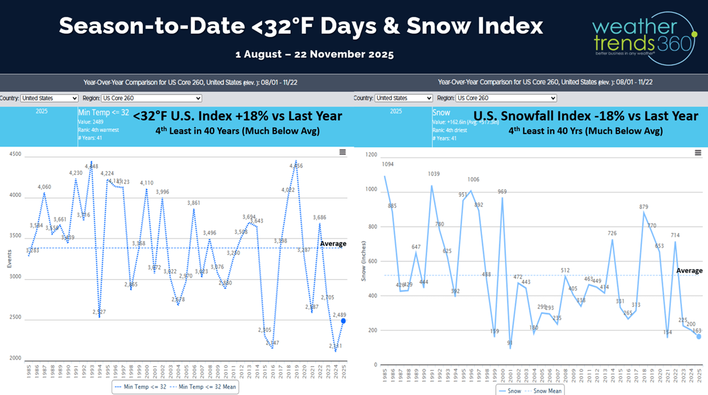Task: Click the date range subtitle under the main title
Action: [x=315, y=55]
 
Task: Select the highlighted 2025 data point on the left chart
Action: [x=343, y=321]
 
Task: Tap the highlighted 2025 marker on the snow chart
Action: [x=698, y=337]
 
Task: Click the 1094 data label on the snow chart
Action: [x=387, y=165]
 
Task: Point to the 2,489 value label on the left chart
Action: [x=339, y=314]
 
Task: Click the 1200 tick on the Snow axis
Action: [x=371, y=155]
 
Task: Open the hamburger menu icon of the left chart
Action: [x=342, y=152]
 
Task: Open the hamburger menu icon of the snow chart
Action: [x=698, y=153]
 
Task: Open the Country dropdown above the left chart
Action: [x=49, y=98]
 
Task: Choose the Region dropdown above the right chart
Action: [x=506, y=98]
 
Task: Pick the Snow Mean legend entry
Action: [x=546, y=391]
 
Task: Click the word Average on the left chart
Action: [x=333, y=244]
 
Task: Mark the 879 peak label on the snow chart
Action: [x=644, y=207]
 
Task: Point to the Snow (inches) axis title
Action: [x=364, y=260]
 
